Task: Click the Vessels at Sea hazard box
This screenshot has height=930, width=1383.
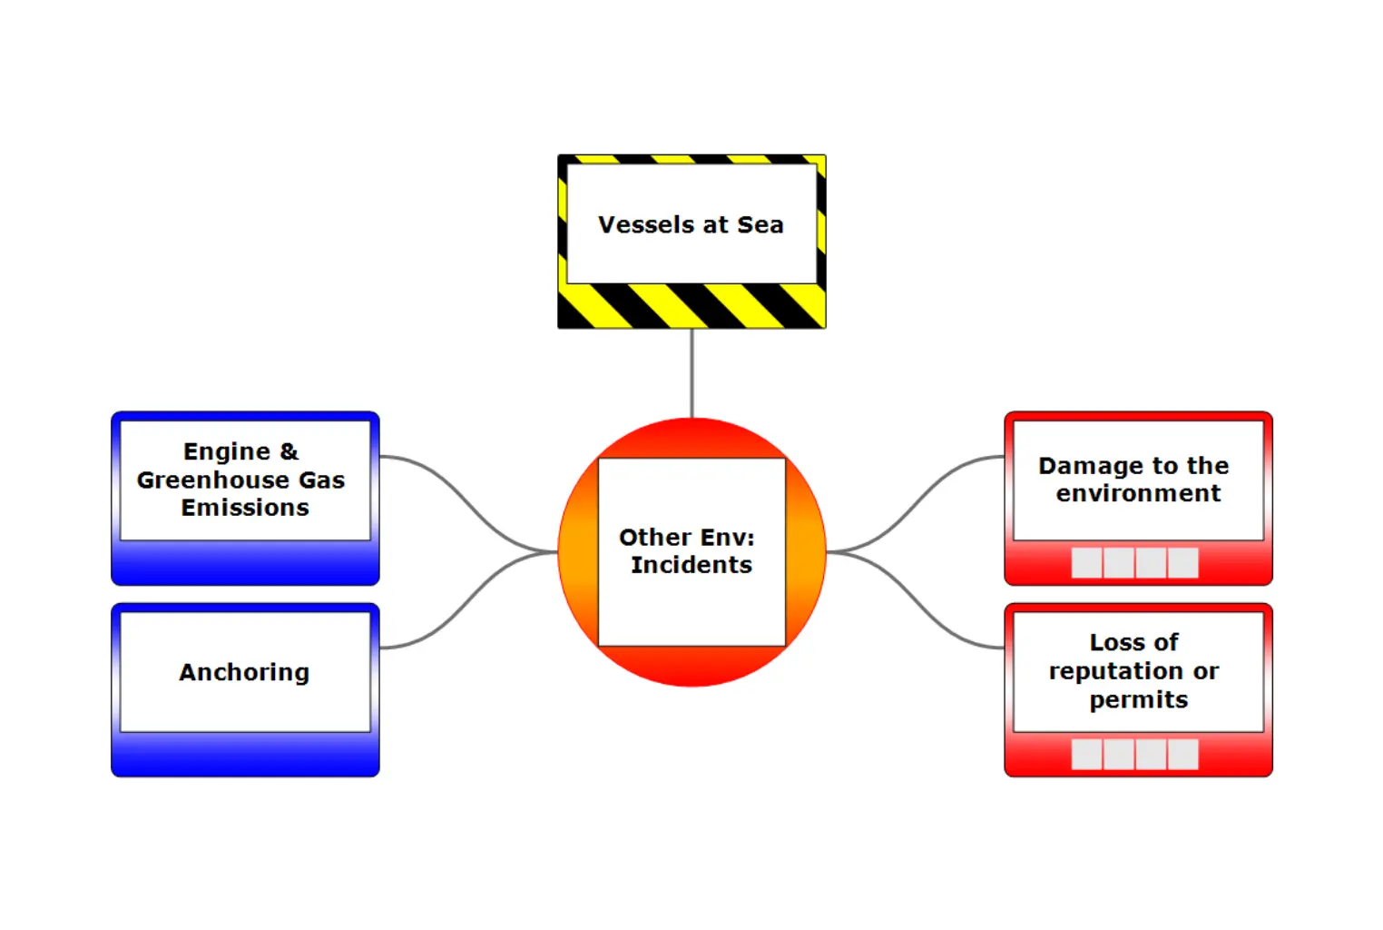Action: tap(691, 241)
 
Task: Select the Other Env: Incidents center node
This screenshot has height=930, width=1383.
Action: tap(691, 551)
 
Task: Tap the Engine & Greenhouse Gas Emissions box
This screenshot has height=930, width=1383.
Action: tap(245, 498)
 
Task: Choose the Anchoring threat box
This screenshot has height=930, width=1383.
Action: tap(245, 689)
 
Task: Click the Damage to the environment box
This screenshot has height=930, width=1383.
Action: tap(1138, 498)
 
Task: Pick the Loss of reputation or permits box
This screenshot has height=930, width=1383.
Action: tap(1138, 689)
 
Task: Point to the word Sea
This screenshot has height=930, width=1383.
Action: tap(760, 224)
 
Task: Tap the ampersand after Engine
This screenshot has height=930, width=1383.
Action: tap(289, 451)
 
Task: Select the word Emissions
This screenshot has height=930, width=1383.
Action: tap(245, 507)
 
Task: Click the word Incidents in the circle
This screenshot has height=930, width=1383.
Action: tap(691, 565)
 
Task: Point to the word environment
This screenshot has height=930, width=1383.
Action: tap(1138, 493)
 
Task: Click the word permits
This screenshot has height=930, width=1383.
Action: tap(1138, 699)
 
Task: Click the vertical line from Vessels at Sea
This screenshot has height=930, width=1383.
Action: tap(691, 372)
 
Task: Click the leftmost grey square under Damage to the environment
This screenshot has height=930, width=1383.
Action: tap(1086, 562)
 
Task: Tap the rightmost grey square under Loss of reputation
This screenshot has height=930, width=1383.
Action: tap(1182, 754)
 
